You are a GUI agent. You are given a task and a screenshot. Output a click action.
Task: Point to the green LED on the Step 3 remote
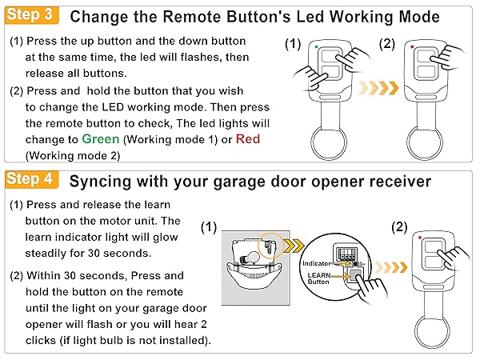(x=317, y=47)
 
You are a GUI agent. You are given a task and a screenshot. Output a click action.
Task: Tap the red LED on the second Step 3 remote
(x=411, y=47)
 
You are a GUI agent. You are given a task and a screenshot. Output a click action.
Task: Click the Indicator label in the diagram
(x=318, y=262)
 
